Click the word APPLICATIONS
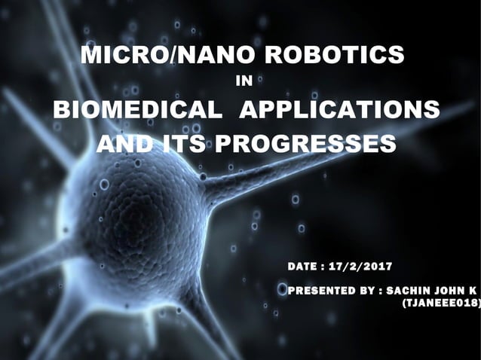tap(339, 109)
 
